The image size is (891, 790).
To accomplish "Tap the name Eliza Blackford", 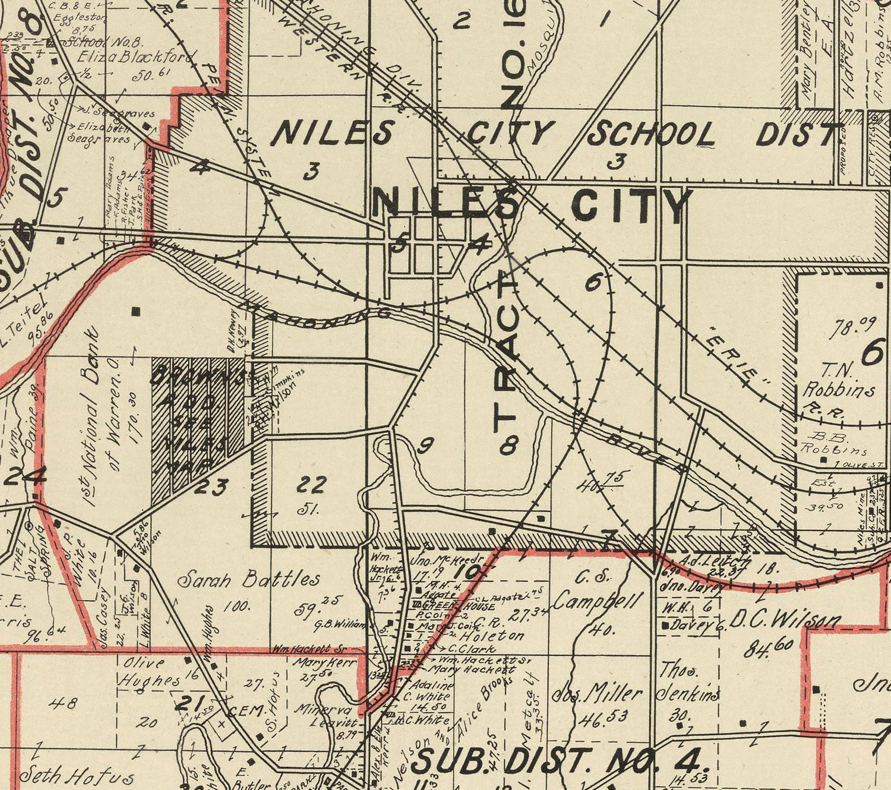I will [136, 57].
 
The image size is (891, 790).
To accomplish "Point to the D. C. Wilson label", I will [785, 621].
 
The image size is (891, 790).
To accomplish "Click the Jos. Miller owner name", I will [597, 694].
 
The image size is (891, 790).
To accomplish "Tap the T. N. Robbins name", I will [838, 380].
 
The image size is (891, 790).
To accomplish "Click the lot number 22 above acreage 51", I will [311, 485].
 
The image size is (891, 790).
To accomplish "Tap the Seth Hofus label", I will [76, 775].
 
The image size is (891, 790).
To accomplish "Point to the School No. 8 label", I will [102, 42].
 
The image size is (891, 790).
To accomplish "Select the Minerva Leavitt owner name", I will [327, 716].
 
